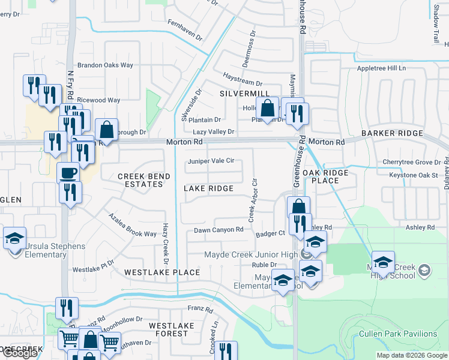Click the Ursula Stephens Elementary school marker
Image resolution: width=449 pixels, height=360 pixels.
point(14,239)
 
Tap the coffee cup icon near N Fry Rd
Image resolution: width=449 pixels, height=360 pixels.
point(68,173)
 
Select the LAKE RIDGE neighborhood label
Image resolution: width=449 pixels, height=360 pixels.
point(208,188)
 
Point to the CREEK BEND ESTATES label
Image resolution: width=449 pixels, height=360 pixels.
point(144,180)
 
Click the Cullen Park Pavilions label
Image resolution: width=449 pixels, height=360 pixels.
point(406,334)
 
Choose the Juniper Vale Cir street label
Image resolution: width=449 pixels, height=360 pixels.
point(211,161)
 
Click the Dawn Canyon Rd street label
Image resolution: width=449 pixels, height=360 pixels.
point(218,230)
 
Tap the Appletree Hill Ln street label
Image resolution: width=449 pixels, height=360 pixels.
point(381,68)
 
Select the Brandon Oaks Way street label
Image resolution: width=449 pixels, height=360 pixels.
point(105,65)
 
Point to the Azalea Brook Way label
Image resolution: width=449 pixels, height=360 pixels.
point(132,224)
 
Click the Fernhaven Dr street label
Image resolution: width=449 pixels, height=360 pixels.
point(185,29)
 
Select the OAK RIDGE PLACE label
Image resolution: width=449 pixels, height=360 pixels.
point(325,176)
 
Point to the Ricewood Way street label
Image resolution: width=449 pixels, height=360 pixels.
point(99,100)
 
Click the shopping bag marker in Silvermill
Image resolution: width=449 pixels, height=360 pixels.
point(268,109)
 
